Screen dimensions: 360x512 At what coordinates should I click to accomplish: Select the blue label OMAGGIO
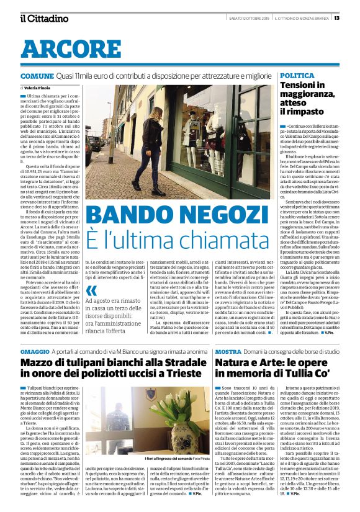(38, 335)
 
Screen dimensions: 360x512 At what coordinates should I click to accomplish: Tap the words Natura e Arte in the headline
(254, 345)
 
